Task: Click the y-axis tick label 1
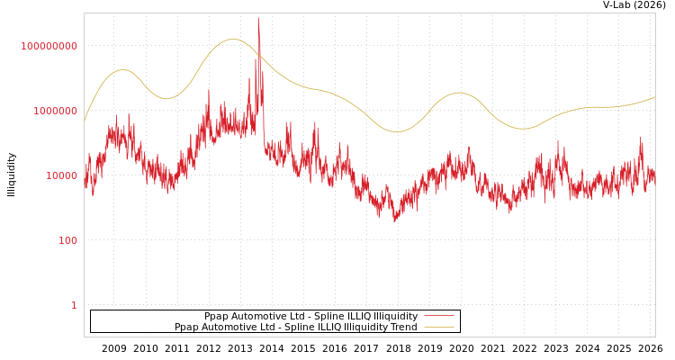coord(74,306)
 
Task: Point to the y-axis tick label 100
coord(68,241)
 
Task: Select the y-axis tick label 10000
coord(62,176)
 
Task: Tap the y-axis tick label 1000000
coord(56,112)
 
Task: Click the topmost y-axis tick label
coord(49,47)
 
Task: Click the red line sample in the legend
coord(439,317)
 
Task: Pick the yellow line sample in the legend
coord(439,328)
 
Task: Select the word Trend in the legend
coord(400,328)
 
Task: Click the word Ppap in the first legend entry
coord(217,317)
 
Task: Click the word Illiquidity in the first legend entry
coord(396,317)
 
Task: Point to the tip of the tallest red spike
coord(258,19)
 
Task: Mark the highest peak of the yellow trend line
coord(232,40)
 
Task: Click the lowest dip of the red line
coord(394,220)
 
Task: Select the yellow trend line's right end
coord(654,97)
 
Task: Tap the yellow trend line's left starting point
coord(85,121)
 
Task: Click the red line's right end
coord(654,177)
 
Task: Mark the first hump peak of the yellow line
coord(122,69)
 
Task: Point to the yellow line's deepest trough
coord(398,132)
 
